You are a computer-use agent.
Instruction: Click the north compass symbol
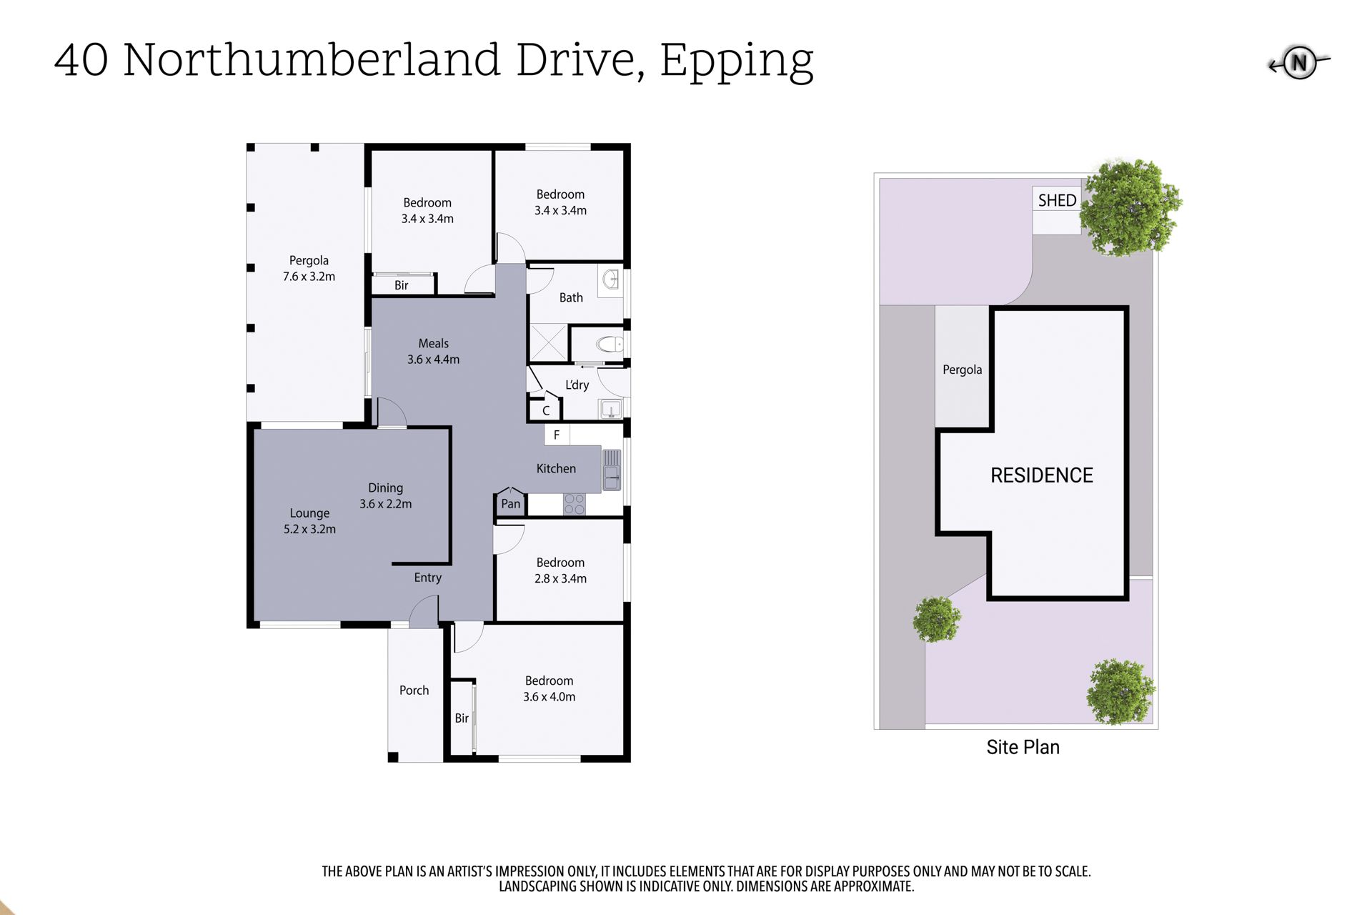1299,63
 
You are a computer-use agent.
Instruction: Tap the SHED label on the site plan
1057,201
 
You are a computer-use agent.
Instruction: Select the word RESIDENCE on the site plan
1041,475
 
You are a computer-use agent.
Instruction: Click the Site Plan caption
1023,747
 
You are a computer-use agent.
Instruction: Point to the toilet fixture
612,345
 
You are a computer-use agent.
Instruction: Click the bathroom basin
611,279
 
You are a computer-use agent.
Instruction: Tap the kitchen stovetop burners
574,504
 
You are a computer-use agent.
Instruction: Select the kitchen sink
612,470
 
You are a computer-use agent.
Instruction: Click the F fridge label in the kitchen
557,435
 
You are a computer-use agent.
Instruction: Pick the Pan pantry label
510,503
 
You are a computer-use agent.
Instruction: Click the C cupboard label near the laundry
546,411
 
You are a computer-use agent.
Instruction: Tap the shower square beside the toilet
548,342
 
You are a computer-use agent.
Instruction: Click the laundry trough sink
611,409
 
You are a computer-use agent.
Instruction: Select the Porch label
414,691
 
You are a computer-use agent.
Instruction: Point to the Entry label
427,578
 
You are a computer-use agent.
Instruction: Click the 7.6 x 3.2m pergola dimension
309,277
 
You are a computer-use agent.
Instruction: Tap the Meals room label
433,344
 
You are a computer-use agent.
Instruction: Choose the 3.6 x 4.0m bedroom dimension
549,697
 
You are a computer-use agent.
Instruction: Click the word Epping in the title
737,61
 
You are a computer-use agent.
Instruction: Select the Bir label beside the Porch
462,718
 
